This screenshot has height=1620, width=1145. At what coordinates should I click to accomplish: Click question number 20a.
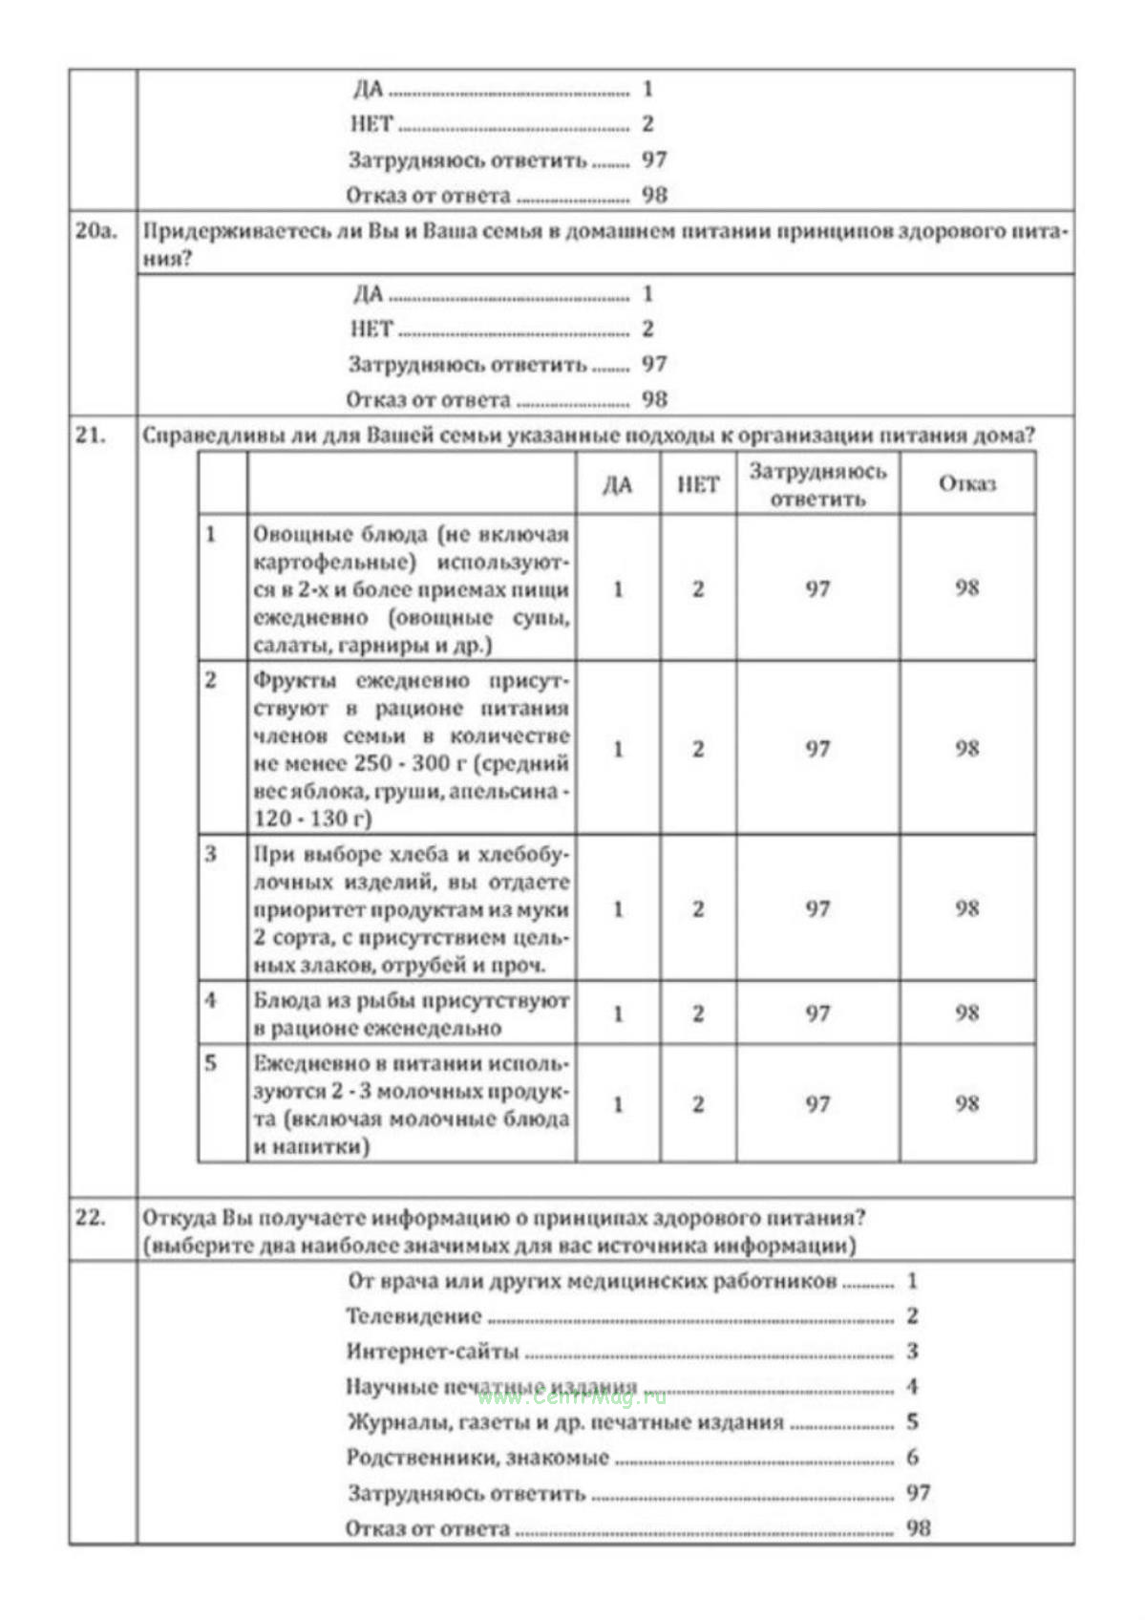pos(95,230)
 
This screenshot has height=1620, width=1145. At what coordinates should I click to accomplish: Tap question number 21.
pos(91,435)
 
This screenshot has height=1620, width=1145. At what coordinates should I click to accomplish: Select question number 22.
pos(91,1217)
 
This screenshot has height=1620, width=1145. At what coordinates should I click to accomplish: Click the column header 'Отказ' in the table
pos(966,483)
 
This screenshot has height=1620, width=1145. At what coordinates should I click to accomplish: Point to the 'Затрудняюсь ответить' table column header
pos(817,484)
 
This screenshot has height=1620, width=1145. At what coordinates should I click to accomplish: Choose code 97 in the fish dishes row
pos(817,1012)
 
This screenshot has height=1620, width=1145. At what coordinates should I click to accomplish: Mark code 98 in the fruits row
pos(966,748)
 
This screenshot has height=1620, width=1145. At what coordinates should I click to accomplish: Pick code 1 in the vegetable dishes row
pos(618,588)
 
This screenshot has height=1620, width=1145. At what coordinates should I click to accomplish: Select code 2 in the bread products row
pos(698,908)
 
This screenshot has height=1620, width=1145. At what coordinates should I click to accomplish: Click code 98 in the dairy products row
pos(966,1103)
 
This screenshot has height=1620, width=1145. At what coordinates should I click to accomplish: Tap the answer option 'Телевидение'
pos(413,1316)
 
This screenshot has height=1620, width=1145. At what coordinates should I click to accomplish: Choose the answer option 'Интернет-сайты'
pos(433,1352)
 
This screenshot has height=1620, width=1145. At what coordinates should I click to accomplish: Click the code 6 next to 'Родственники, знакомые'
pos(912,1458)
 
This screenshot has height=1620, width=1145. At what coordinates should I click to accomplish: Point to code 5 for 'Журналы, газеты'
pos(912,1422)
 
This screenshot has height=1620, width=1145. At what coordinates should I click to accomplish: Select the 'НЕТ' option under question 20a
pos(371,329)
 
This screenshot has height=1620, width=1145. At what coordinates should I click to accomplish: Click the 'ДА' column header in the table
pos(618,484)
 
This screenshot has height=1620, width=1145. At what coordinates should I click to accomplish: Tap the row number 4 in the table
pos(211,1000)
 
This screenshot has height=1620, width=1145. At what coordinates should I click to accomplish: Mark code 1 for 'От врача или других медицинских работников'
pos(912,1281)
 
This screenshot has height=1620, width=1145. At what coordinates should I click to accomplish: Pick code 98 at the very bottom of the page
pos(918,1528)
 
